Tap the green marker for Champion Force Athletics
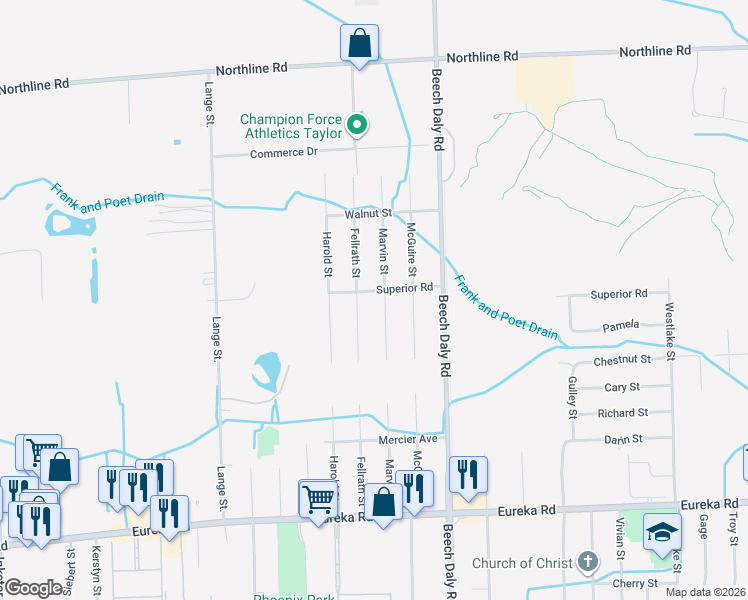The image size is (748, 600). pyautogui.click(x=358, y=126)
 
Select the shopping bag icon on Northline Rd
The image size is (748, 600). pyautogui.click(x=359, y=43)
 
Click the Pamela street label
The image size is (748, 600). pyautogui.click(x=621, y=327)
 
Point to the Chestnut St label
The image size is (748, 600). pyautogui.click(x=622, y=358)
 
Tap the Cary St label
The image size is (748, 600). pyautogui.click(x=623, y=386)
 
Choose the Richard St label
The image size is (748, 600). pyautogui.click(x=623, y=412)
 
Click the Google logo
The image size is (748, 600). pyautogui.click(x=33, y=588)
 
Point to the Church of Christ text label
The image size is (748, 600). pyautogui.click(x=523, y=563)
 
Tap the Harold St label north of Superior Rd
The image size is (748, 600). pyautogui.click(x=326, y=254)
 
